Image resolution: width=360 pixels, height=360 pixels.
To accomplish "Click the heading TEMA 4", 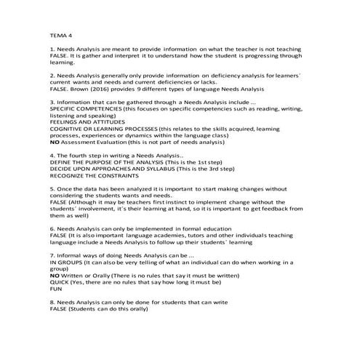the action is click(60, 34).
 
